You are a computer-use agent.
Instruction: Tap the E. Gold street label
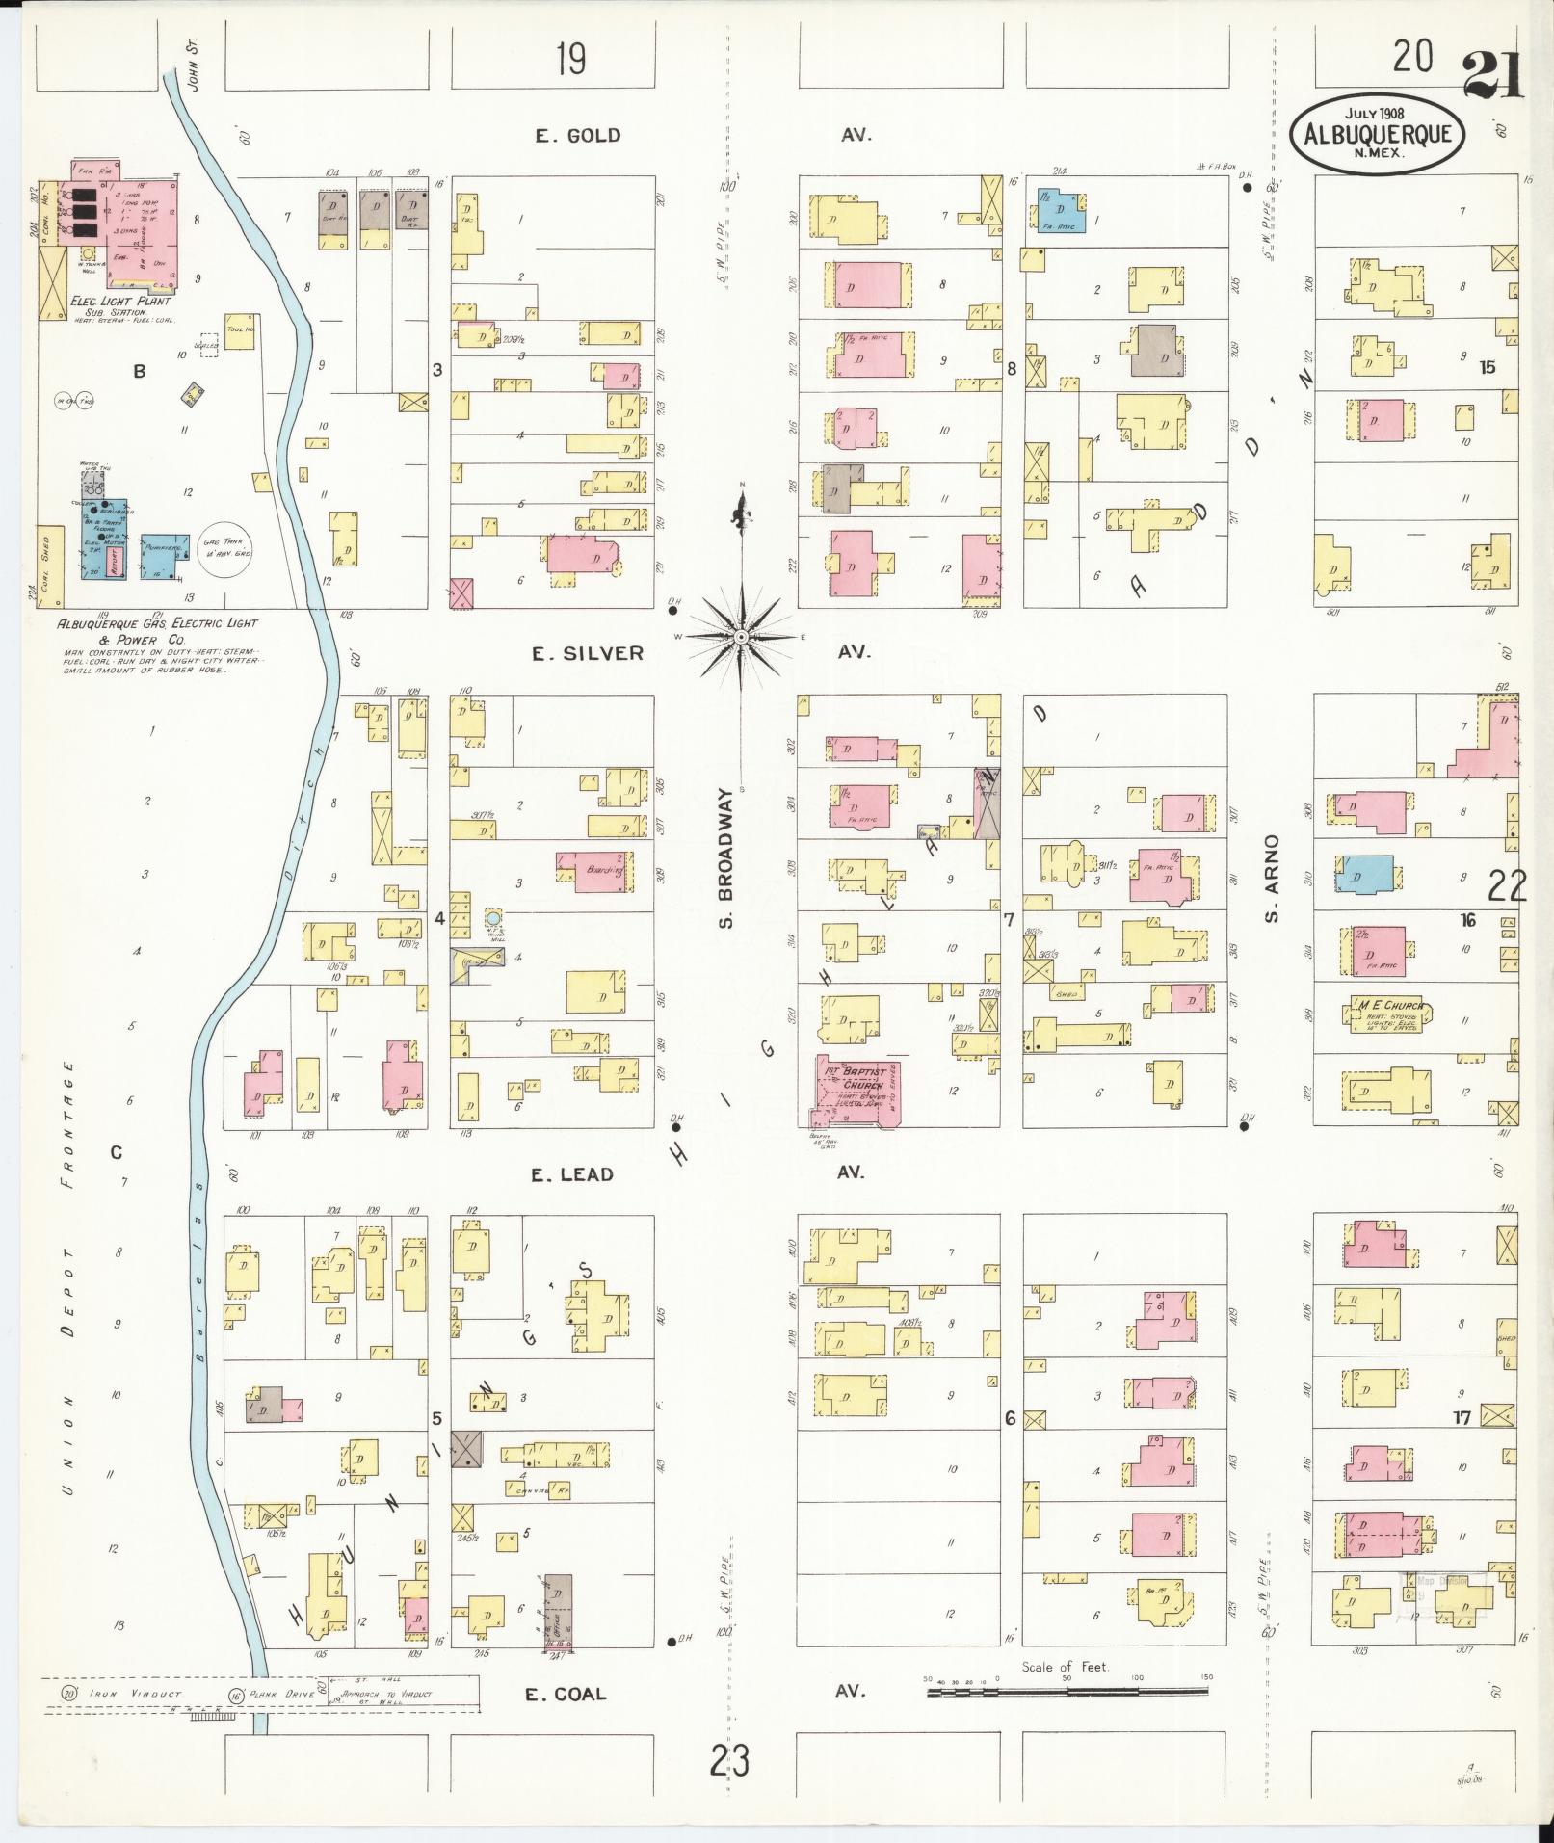(578, 136)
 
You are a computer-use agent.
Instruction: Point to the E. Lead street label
(572, 1173)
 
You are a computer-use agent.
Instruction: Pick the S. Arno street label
(1272, 878)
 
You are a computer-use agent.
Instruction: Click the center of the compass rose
(741, 638)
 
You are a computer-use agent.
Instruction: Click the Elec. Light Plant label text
(121, 301)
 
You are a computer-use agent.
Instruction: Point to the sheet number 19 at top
(570, 61)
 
